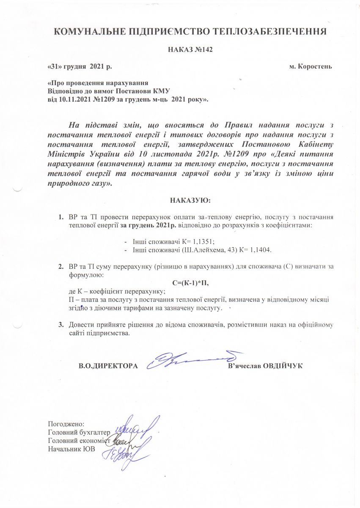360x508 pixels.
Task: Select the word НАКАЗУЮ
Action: pos(190,200)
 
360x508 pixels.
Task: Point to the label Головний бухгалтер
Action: pos(80,432)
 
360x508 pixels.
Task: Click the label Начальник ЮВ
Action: pos(71,449)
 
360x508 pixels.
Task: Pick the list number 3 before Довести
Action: pos(60,325)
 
